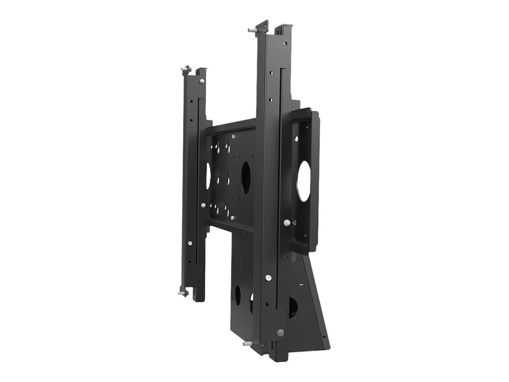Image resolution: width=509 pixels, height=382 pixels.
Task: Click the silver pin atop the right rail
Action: point(253,30)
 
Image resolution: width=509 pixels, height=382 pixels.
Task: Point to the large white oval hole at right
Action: point(304,181)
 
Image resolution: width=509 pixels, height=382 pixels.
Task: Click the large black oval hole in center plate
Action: point(246,178)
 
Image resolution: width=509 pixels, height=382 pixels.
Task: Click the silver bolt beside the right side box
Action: point(287,223)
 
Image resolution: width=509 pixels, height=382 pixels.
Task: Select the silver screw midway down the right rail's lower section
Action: point(268,278)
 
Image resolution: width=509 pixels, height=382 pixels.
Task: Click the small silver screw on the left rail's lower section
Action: point(190,243)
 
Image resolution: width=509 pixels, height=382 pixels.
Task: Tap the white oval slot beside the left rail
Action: point(208,176)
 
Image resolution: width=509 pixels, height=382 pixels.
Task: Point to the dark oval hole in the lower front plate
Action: point(237,295)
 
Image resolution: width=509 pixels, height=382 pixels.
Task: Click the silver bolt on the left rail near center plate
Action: point(203,205)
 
